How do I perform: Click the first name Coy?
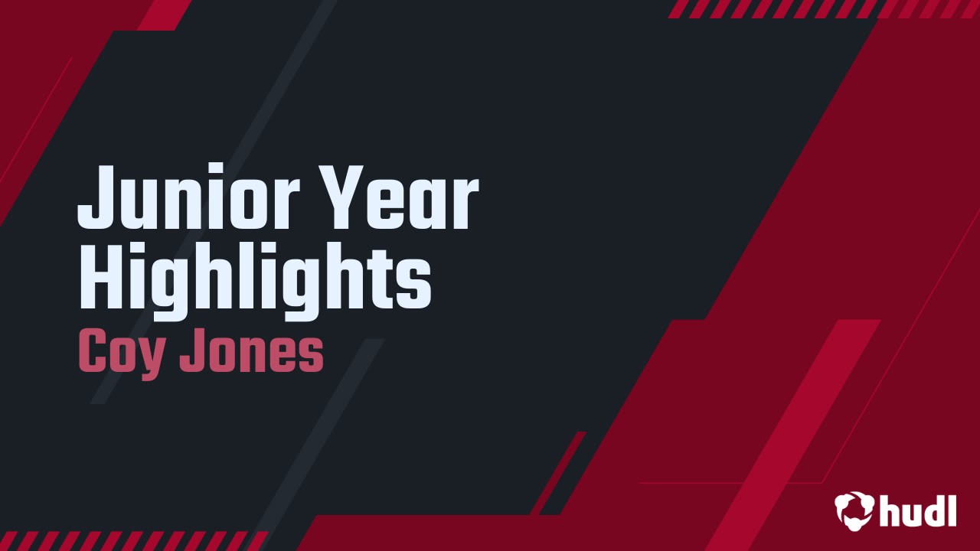(120, 354)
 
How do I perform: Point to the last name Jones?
(252, 354)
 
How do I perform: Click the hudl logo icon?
(854, 510)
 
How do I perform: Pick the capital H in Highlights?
(100, 274)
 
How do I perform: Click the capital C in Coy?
(92, 354)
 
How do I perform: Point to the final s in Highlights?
(416, 280)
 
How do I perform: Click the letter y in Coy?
(152, 358)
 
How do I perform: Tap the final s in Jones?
(311, 358)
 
